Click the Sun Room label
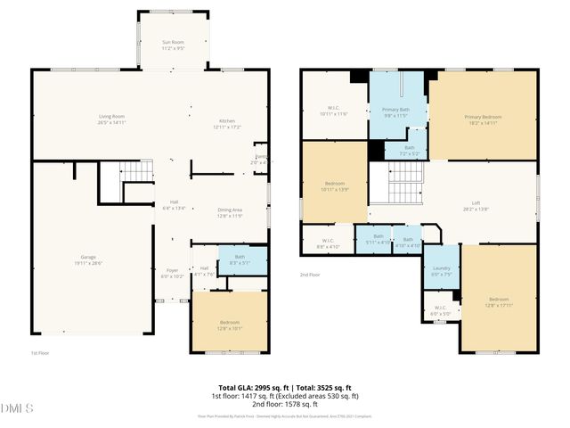173,45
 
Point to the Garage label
89,259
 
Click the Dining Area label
231,212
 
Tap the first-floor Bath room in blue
242,260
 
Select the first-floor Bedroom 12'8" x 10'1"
230,325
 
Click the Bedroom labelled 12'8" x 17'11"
499,300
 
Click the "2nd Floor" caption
309,275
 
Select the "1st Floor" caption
39,353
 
